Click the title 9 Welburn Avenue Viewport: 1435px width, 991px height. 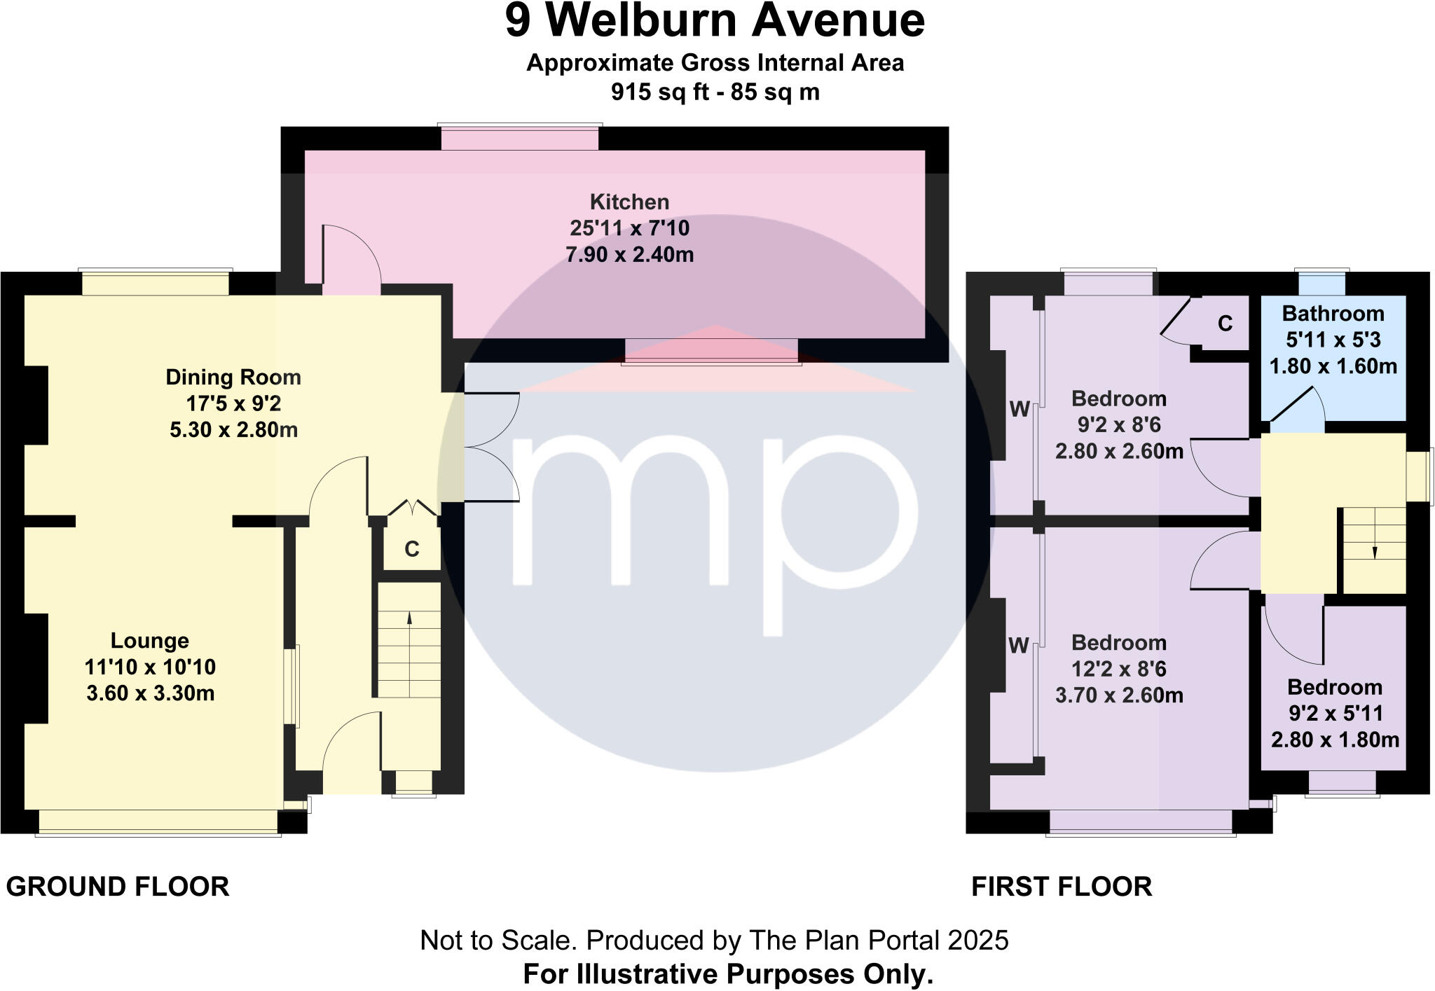(x=715, y=21)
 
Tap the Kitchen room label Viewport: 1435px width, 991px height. (x=629, y=202)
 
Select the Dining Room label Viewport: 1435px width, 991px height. (x=233, y=377)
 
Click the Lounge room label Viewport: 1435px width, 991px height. (x=150, y=641)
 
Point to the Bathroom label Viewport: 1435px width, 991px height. (x=1333, y=314)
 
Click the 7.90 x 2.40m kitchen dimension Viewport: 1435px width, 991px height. (x=629, y=255)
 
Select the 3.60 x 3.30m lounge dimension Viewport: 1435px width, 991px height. (x=150, y=693)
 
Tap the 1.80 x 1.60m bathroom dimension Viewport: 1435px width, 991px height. (x=1333, y=366)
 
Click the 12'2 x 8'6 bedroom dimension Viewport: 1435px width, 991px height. (x=1119, y=670)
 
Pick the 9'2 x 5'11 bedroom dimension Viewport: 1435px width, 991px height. (x=1336, y=714)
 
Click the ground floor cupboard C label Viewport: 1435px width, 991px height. (x=412, y=549)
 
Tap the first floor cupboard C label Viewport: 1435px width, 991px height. (x=1225, y=324)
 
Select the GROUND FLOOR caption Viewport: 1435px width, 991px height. (x=118, y=887)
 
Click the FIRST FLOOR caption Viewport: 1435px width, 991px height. (x=1062, y=887)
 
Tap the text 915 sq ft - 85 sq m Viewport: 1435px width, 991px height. (x=715, y=92)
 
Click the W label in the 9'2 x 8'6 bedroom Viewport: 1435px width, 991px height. (x=1019, y=409)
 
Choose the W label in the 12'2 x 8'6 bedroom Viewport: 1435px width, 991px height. (x=1019, y=646)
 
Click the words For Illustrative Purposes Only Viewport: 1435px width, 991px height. (x=728, y=974)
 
